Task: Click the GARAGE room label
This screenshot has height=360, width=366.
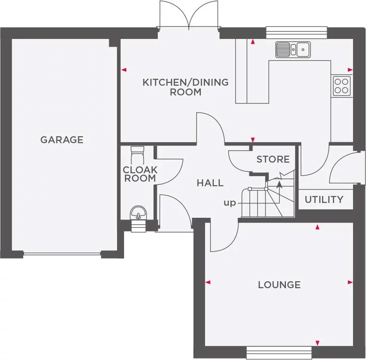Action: click(x=62, y=139)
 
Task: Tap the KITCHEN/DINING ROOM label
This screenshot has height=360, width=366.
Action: click(x=186, y=87)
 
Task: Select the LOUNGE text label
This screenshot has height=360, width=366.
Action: click(x=279, y=284)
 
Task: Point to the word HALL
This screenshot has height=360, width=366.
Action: click(x=210, y=183)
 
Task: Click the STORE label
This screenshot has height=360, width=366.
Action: click(x=273, y=159)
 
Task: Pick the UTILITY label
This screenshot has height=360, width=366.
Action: click(x=324, y=200)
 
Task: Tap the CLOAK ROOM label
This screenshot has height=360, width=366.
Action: click(x=140, y=174)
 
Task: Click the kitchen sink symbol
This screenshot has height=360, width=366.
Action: click(x=293, y=49)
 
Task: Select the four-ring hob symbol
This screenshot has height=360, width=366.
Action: click(x=341, y=86)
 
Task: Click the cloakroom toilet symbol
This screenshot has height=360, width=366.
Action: click(x=138, y=152)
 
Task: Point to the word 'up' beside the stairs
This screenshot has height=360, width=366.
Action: click(x=230, y=203)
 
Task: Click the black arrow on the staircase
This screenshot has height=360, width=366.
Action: click(x=279, y=184)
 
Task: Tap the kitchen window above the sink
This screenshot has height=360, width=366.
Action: click(x=297, y=32)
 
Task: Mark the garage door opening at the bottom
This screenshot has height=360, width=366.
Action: click(x=62, y=253)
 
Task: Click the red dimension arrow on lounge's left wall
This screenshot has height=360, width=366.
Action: click(x=208, y=282)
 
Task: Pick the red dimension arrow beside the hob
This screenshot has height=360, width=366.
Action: click(x=350, y=70)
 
